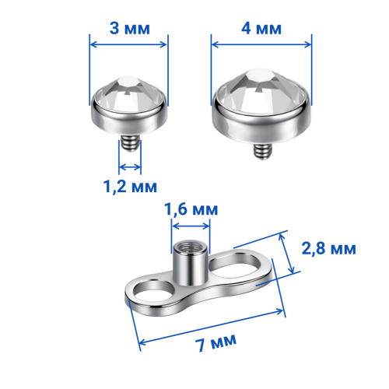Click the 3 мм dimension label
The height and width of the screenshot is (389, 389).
[x=130, y=28]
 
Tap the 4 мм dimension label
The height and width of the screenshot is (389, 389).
[x=261, y=28]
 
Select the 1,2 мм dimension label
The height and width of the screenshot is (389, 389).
[x=130, y=187]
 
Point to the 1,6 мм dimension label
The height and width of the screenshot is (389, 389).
[x=191, y=209]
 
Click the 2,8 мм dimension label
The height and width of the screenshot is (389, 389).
[x=329, y=248]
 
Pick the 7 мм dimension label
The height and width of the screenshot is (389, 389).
[x=216, y=342]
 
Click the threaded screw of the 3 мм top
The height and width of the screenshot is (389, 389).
[x=130, y=144]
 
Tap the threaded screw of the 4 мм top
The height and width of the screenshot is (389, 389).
[x=263, y=151]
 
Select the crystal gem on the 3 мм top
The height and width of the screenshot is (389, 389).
[x=129, y=95]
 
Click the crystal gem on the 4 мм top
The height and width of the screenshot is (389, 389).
[x=261, y=91]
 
